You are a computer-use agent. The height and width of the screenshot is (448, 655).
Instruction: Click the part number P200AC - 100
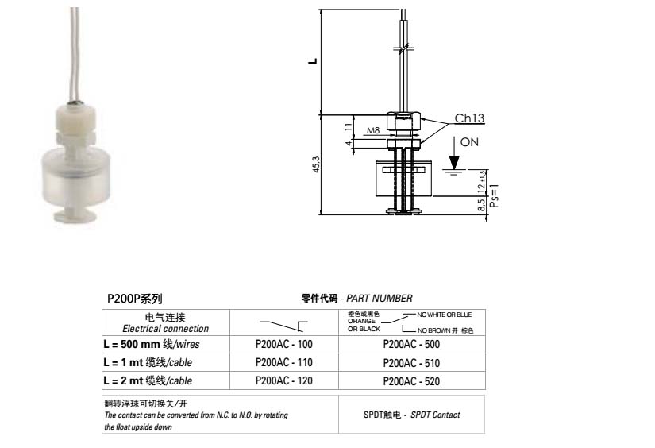(x=283, y=344)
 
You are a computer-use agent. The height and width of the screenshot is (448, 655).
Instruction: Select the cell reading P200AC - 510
(x=410, y=363)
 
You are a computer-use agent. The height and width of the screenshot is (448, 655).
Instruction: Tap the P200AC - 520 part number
(x=410, y=381)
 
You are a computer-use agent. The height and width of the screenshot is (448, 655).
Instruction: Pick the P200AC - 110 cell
(x=283, y=363)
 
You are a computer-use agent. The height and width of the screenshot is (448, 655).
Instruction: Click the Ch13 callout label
(x=469, y=118)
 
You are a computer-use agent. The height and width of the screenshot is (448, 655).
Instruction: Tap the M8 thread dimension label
(x=372, y=131)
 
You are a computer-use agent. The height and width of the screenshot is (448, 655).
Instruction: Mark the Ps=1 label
(x=493, y=194)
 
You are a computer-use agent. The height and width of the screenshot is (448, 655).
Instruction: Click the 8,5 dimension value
(x=483, y=206)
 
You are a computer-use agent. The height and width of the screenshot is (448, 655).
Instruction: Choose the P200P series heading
(x=134, y=299)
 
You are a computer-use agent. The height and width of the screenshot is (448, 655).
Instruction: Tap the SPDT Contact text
(x=411, y=415)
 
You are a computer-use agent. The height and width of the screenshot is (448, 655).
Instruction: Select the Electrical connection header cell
(x=165, y=322)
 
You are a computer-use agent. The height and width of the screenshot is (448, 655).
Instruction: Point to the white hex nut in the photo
(x=73, y=116)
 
